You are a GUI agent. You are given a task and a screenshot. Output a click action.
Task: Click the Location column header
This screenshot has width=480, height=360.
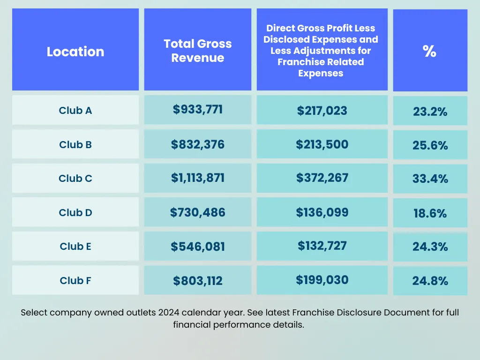click(x=75, y=51)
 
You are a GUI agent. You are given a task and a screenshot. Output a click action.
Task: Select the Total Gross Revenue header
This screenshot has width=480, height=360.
click(x=197, y=51)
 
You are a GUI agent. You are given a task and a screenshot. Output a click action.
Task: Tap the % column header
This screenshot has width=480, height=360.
click(x=429, y=51)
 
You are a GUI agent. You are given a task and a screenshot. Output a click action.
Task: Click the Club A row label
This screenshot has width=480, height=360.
click(x=75, y=111)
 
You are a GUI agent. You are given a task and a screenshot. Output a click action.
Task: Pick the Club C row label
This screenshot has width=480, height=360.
click(x=75, y=179)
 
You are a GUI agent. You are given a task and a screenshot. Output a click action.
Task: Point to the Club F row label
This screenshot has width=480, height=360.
click(x=75, y=281)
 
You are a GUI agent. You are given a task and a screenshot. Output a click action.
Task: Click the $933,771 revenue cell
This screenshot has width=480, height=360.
click(x=197, y=110)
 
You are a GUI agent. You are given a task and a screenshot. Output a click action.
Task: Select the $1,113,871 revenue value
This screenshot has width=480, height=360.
click(x=197, y=178)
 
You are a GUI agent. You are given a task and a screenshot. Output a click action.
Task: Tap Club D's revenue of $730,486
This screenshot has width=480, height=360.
click(x=197, y=212)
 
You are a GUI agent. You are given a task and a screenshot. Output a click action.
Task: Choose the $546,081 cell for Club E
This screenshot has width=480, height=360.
click(x=197, y=247)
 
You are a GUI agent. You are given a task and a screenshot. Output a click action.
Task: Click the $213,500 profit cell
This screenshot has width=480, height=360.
click(x=322, y=144)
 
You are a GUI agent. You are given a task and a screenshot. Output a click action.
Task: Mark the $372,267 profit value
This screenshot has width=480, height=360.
click(x=322, y=178)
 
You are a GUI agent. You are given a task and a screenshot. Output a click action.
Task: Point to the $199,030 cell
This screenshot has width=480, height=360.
click(x=322, y=280)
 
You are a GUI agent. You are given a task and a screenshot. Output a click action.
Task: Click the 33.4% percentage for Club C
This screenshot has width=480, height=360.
click(x=430, y=179)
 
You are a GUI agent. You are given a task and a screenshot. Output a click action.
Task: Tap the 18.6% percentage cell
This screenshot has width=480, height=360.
click(x=430, y=214)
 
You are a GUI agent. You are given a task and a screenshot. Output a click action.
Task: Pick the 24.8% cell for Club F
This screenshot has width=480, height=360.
click(x=430, y=281)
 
